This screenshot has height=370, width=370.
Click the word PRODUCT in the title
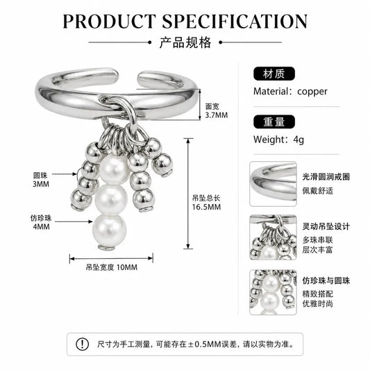(109, 22)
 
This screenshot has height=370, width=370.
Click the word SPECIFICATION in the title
(235, 22)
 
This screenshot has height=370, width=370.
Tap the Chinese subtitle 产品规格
(185, 43)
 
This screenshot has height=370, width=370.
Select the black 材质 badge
(274, 74)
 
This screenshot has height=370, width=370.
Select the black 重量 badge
(274, 121)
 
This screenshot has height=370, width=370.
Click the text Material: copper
(290, 92)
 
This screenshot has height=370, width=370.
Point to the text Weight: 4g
(278, 140)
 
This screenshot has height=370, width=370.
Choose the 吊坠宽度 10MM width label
(111, 267)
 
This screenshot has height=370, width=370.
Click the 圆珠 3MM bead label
(41, 180)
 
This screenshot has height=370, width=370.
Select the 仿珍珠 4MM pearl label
(41, 222)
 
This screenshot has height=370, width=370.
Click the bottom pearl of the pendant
(110, 230)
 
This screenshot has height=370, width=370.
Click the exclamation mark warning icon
(82, 344)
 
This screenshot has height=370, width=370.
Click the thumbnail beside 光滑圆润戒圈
(273, 184)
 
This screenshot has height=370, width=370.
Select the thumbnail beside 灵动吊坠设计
(273, 237)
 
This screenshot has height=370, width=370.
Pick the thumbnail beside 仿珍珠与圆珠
(273, 292)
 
